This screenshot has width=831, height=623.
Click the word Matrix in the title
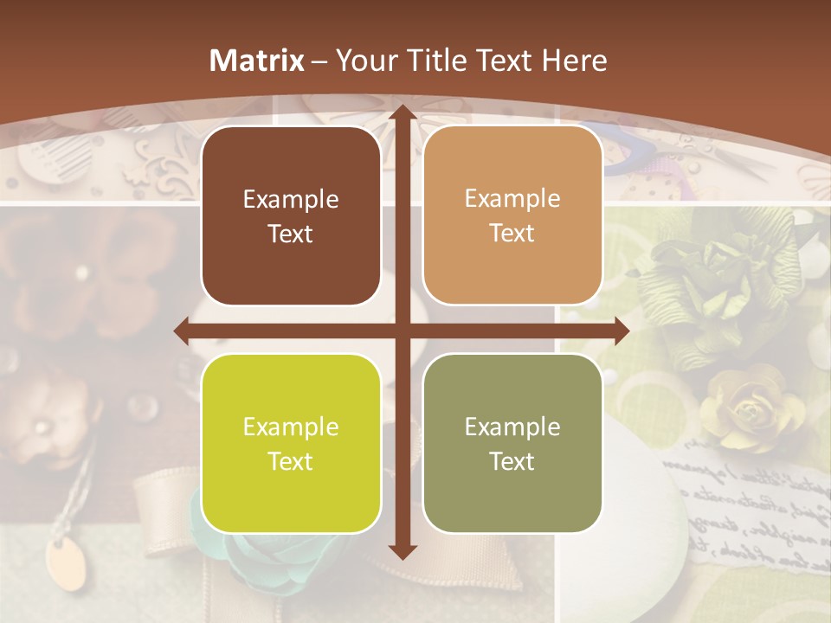click(257, 61)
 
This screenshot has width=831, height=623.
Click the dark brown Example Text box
click(291, 216)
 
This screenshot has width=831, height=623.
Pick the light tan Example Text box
click(512, 216)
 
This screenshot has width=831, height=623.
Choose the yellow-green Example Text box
click(291, 443)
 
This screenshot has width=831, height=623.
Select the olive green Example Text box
click(512, 443)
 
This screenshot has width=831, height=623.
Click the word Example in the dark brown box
click(291, 200)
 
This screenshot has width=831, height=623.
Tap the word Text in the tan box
click(512, 234)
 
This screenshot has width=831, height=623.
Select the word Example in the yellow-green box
click(291, 427)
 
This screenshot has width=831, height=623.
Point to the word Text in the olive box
click(512, 461)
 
